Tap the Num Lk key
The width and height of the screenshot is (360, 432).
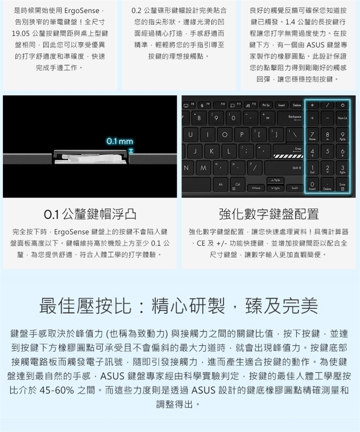[x=342, y=118]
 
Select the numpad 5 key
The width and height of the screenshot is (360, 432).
[x=327, y=151]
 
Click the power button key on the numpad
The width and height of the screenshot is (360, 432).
[x=342, y=105]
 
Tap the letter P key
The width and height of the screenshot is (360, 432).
[x=241, y=135]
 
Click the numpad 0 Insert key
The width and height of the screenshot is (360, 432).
[x=312, y=185]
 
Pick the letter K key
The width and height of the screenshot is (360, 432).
[x=212, y=151]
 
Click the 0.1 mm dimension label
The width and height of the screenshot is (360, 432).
[x=120, y=141]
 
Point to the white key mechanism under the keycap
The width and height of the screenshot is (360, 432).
[x=90, y=159]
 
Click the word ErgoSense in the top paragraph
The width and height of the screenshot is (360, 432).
[x=82, y=11]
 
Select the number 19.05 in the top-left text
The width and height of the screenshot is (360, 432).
[x=21, y=34]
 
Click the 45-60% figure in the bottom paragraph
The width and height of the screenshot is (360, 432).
[x=57, y=390]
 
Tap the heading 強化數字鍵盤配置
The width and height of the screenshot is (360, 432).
[x=269, y=214]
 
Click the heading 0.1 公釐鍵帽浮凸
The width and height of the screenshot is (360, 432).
[x=90, y=214]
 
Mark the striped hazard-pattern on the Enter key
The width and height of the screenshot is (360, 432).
[x=288, y=156]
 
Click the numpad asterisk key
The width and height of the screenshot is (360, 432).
[x=312, y=105]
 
